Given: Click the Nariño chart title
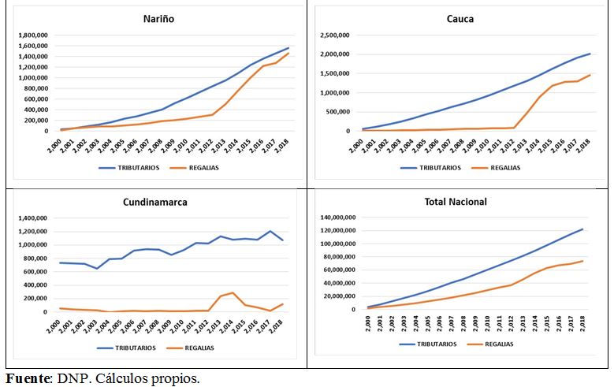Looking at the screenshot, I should (x=158, y=19).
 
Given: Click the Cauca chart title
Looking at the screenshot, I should (x=460, y=18).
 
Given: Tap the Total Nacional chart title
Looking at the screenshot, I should (x=455, y=202).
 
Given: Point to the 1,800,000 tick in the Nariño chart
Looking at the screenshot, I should (x=33, y=35).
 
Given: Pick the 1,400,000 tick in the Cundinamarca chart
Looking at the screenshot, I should (x=32, y=218).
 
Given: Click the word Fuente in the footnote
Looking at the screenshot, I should (x=27, y=378).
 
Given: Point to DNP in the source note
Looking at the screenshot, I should (x=69, y=378).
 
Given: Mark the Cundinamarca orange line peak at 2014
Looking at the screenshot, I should (x=233, y=293).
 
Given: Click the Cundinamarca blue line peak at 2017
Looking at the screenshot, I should (x=270, y=231).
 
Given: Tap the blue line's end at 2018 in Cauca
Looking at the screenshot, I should (x=590, y=54).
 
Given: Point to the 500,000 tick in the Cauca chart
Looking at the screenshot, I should (x=340, y=112).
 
